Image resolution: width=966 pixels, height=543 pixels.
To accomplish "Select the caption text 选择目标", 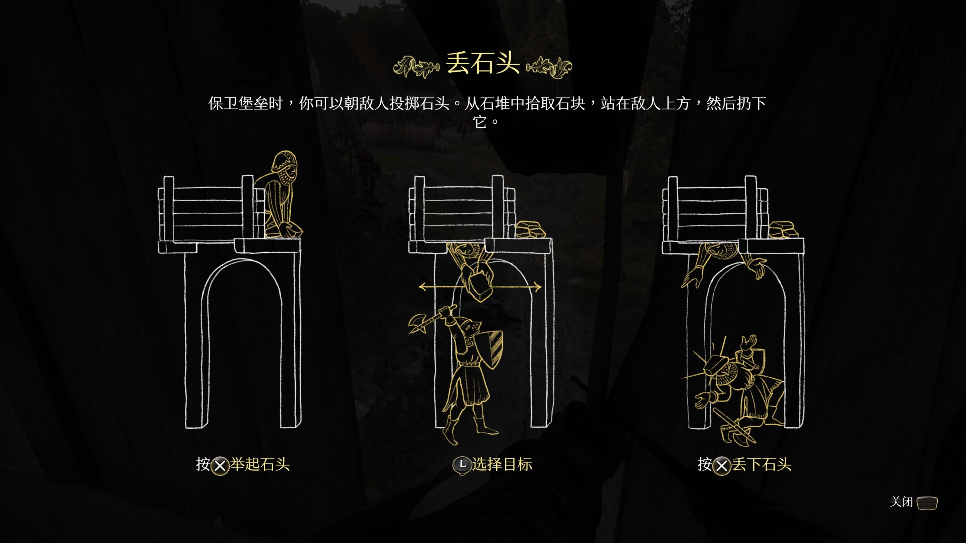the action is click(502, 464).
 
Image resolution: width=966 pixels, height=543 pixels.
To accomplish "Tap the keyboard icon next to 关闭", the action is click(927, 503).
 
